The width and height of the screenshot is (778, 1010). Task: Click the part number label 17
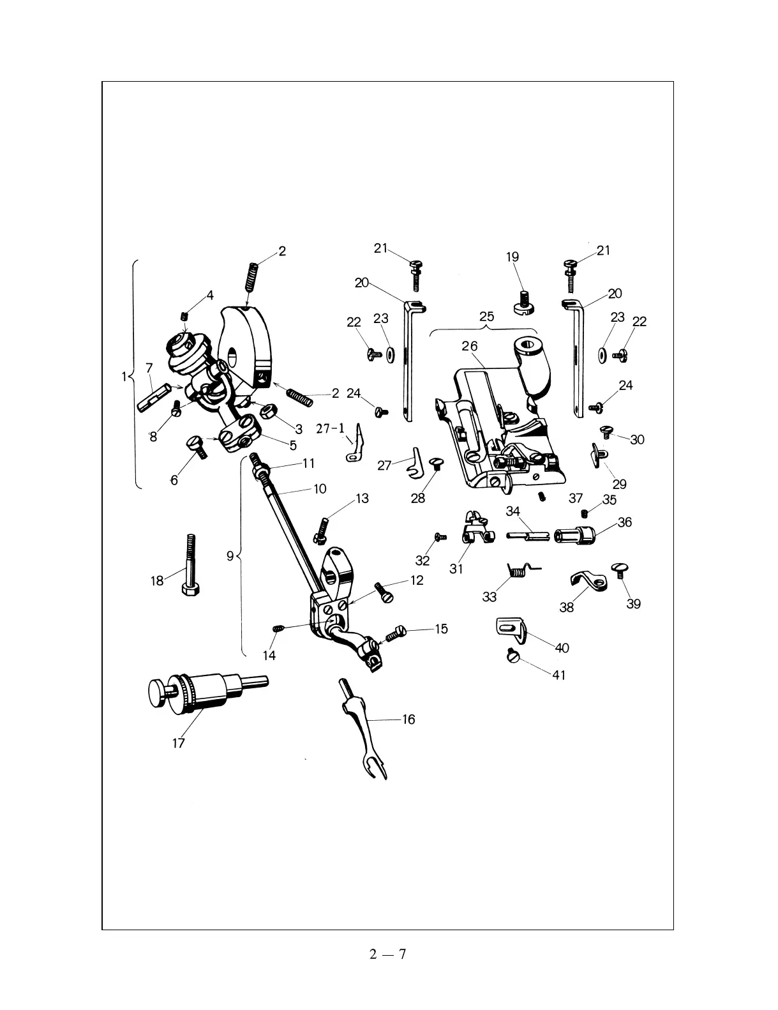[178, 743]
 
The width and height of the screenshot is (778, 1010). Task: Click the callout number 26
[470, 346]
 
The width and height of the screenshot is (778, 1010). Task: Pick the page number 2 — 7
[388, 954]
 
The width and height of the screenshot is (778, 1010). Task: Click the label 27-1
[331, 428]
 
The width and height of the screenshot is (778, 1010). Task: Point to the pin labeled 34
[528, 535]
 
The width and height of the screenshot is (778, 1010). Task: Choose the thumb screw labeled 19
[524, 302]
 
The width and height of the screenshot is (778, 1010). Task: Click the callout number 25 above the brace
[486, 316]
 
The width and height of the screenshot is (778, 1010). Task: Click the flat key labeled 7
[153, 396]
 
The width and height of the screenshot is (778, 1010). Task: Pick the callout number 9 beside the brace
[230, 556]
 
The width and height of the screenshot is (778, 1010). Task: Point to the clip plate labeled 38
[587, 581]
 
